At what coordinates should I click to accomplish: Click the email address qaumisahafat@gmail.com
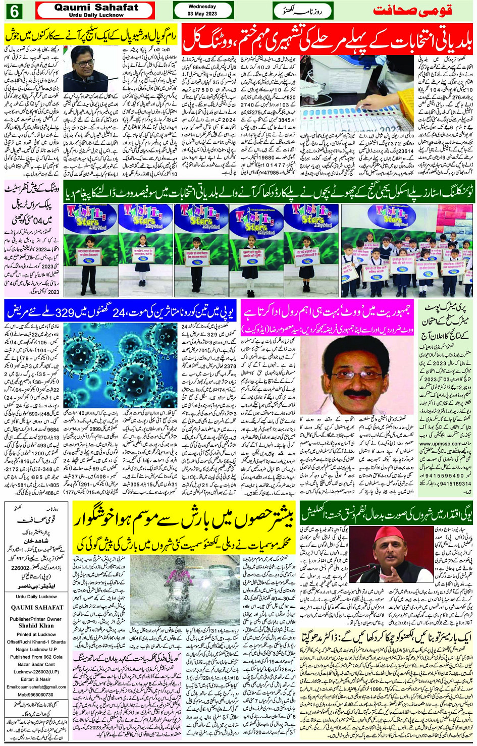[36, 687]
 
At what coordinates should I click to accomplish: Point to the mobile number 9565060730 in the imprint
[36, 695]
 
